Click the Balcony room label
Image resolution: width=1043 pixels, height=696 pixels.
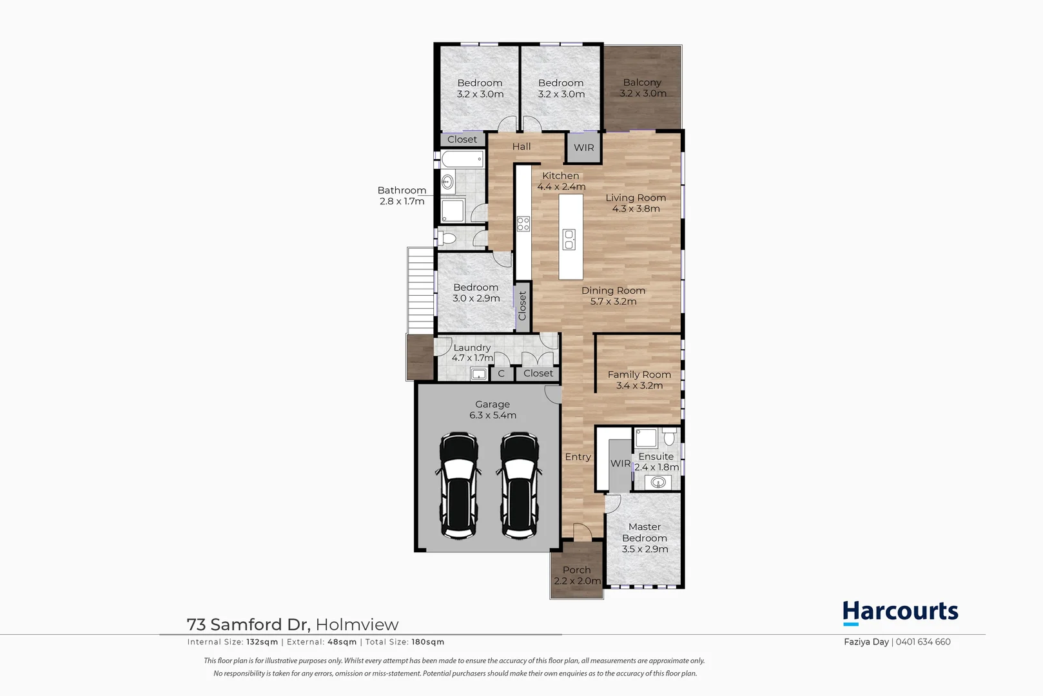click(642, 82)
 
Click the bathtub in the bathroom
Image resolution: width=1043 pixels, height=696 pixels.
click(463, 159)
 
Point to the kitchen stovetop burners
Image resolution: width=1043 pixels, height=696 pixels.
click(523, 224)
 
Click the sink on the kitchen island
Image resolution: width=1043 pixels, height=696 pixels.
click(569, 239)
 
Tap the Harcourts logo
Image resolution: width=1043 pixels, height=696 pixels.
click(900, 612)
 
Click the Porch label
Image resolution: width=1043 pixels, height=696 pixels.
click(576, 570)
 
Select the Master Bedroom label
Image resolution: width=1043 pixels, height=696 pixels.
click(645, 532)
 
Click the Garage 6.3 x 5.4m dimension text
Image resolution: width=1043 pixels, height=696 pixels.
click(492, 416)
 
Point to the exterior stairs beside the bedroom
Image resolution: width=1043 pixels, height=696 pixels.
click(420, 290)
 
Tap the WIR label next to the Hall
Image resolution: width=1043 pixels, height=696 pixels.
click(584, 148)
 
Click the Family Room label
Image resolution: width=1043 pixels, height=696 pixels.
click(639, 374)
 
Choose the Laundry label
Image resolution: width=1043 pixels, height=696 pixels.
click(472, 347)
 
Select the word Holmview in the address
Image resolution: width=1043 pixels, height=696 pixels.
click(357, 624)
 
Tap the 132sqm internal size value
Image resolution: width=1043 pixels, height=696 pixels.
click(262, 642)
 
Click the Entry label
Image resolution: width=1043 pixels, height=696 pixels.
click(578, 457)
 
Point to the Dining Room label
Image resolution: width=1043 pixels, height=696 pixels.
click(613, 291)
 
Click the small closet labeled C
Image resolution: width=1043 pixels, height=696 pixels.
click(501, 374)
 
